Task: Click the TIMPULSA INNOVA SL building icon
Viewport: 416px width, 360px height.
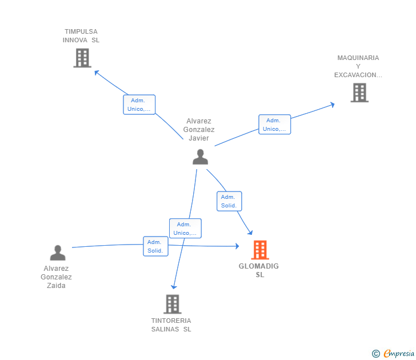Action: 82,58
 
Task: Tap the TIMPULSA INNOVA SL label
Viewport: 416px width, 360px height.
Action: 81,36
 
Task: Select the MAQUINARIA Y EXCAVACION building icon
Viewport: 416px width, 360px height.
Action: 359,93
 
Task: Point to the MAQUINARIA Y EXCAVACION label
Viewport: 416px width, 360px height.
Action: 358,66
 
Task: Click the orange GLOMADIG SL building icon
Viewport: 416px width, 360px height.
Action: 260,250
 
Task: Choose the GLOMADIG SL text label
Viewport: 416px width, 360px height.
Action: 259,270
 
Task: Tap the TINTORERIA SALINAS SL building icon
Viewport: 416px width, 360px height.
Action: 172,304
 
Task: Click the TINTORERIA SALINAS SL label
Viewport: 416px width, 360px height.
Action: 171,325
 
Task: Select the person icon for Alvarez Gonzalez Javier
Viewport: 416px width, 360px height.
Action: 200,157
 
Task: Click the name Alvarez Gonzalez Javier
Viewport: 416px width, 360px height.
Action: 199,130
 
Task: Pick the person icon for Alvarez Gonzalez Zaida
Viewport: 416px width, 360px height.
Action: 57,253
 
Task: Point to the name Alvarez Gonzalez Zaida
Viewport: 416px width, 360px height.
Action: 57,277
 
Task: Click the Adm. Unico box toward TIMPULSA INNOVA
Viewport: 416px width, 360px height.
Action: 139,105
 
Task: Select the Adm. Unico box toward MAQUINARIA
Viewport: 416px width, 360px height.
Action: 274,125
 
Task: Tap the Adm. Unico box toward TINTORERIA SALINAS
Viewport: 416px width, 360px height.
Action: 185,229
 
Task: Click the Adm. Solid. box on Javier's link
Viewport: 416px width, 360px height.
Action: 229,201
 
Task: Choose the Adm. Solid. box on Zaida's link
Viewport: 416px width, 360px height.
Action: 155,246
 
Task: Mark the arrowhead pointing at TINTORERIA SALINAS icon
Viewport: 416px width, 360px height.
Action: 174,287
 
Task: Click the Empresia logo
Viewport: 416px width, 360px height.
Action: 393,354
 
